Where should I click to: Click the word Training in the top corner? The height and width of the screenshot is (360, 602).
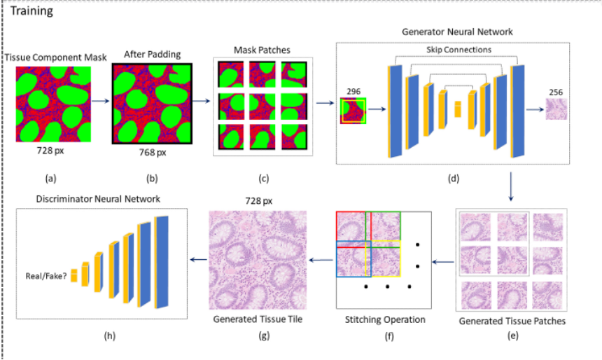point(31,12)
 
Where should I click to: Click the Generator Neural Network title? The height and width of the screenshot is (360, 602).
point(457,32)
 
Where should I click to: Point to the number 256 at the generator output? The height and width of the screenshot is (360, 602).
point(556,92)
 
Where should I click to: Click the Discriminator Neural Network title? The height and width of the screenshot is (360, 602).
point(98,199)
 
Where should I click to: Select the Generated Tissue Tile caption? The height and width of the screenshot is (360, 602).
point(260,320)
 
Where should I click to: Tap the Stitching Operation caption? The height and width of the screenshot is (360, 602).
point(385,320)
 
